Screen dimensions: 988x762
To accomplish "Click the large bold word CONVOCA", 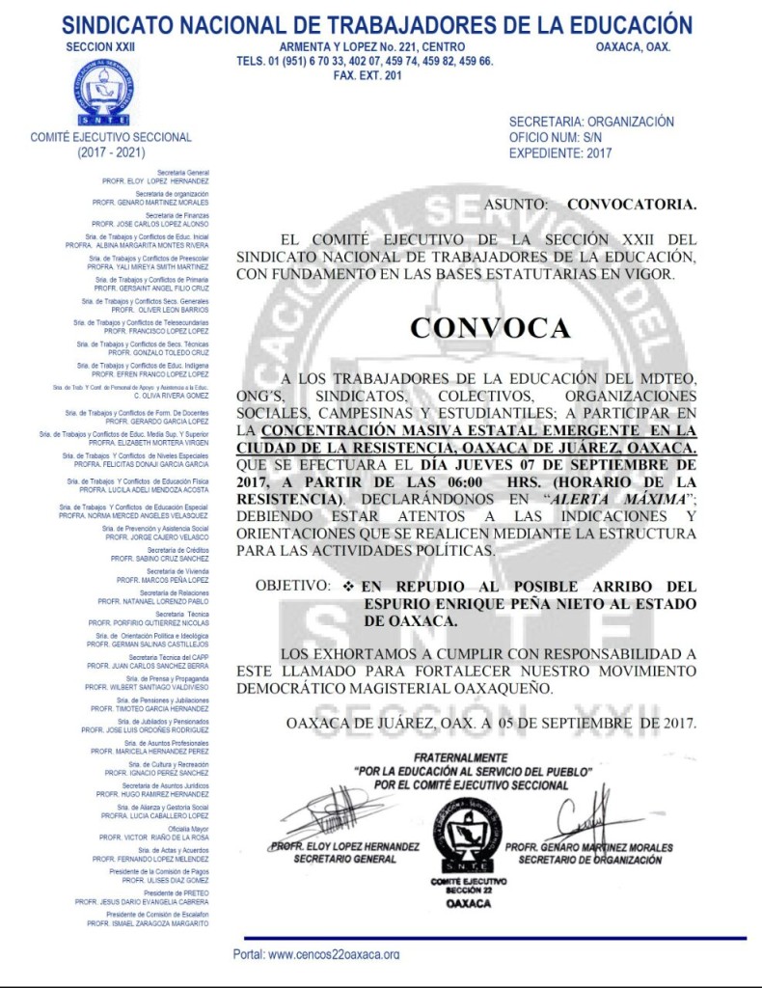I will (489, 328).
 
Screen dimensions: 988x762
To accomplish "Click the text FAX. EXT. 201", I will (367, 75).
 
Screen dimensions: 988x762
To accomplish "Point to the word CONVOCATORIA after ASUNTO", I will (631, 205).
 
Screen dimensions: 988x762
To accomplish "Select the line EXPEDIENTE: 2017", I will (559, 152).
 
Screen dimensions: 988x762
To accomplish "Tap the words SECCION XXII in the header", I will (100, 46).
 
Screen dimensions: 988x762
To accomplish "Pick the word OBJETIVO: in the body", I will (292, 586).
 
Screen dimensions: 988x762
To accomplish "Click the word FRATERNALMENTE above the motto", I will (459, 758).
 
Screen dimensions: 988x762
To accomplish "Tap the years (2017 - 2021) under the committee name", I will (111, 152).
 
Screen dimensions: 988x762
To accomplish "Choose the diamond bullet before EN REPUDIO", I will (348, 586).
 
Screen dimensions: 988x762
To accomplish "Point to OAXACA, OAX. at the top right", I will (633, 46).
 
